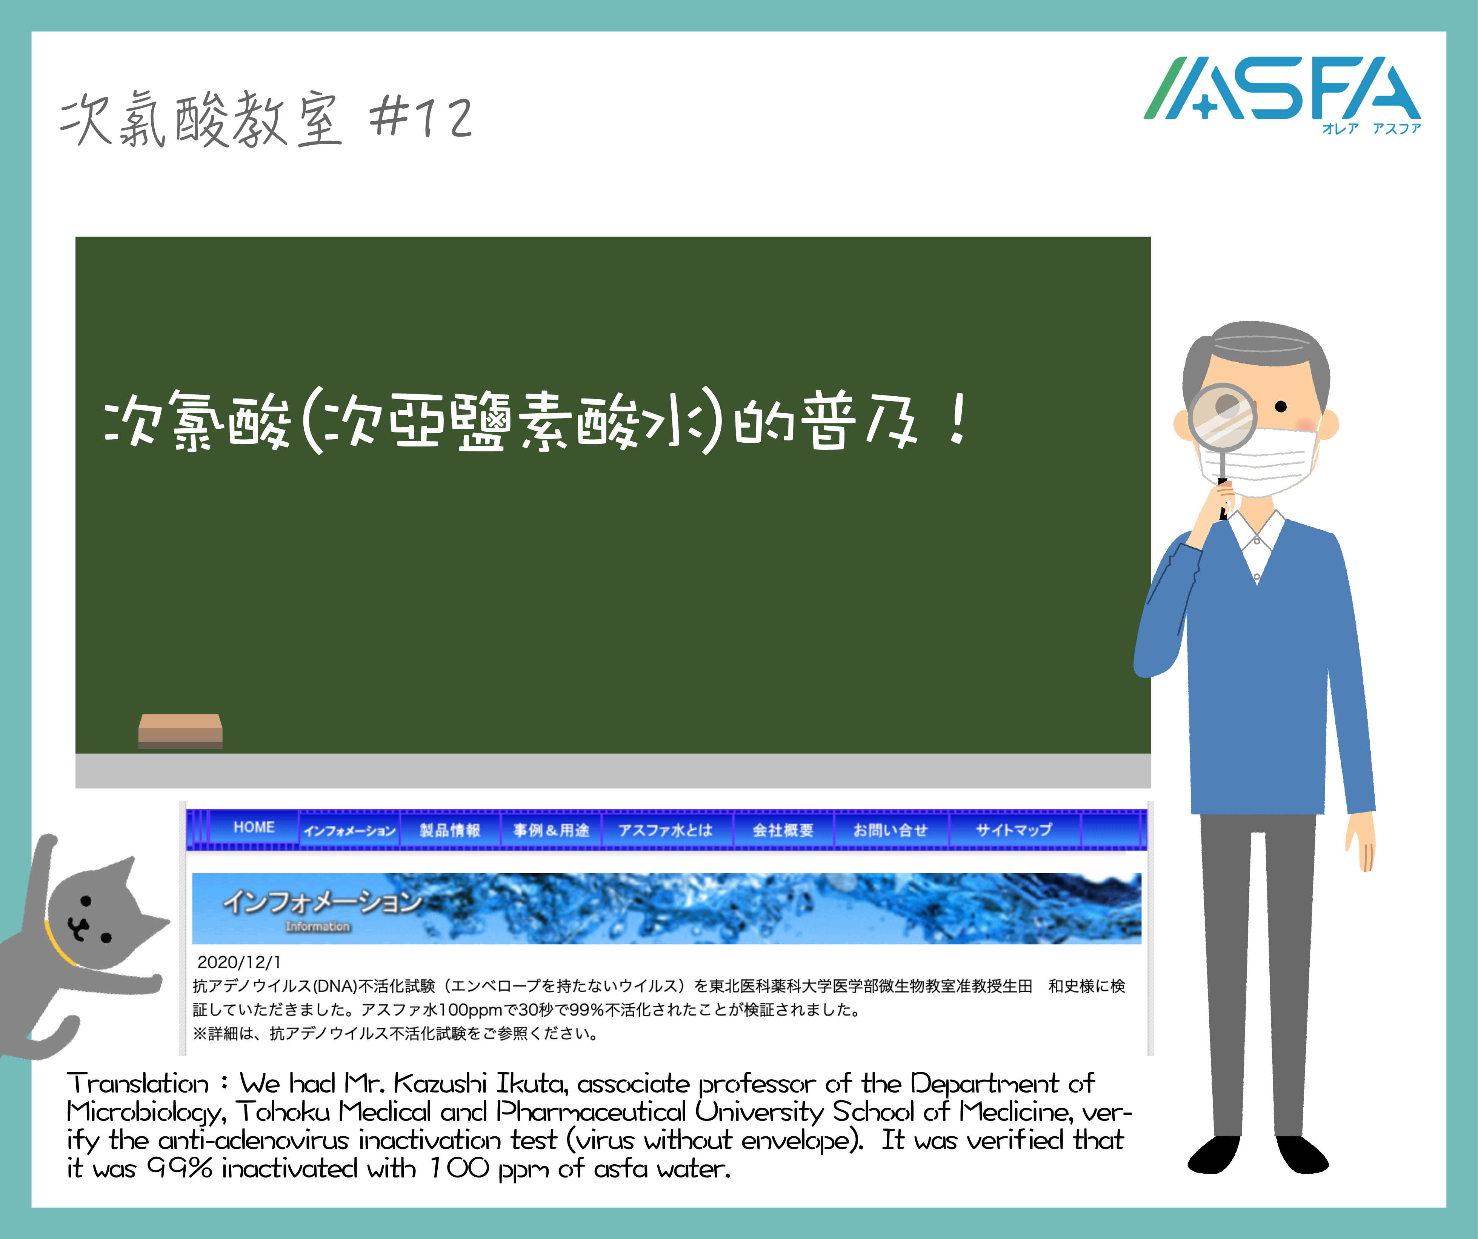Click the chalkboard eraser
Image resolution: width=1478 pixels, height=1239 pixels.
pyautogui.click(x=180, y=731)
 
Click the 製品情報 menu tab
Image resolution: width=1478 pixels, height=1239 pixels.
pyautogui.click(x=450, y=830)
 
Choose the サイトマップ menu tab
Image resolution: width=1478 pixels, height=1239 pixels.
pyautogui.click(x=1014, y=830)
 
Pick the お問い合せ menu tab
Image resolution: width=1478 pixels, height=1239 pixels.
pyautogui.click(x=890, y=830)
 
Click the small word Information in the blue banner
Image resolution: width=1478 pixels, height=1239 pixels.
pyautogui.click(x=317, y=927)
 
